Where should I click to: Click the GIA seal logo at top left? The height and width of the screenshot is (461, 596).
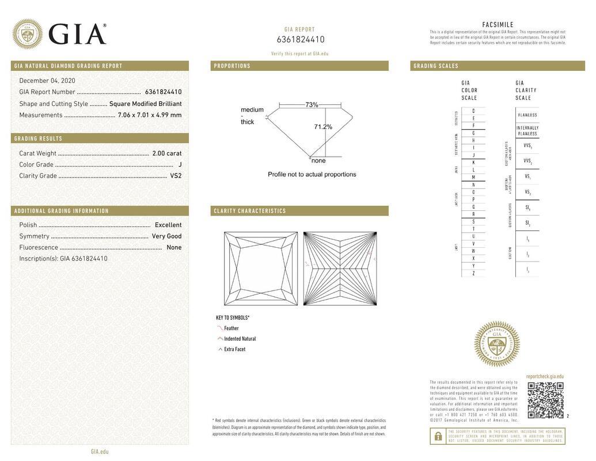(x=27, y=34)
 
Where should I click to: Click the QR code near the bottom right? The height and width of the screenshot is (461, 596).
(x=545, y=400)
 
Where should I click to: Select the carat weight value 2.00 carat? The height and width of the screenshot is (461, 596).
(x=166, y=153)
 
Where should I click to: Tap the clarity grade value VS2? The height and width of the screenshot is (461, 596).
(x=176, y=176)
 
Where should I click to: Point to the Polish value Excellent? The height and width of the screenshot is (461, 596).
(x=168, y=225)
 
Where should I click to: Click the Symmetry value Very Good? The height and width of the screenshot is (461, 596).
(x=166, y=236)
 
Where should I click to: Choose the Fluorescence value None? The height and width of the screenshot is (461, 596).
(x=173, y=247)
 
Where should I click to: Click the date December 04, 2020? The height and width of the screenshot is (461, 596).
(x=47, y=81)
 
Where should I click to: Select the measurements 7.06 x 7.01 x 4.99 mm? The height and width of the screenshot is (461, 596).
(x=149, y=115)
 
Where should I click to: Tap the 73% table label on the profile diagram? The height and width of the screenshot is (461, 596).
(x=312, y=105)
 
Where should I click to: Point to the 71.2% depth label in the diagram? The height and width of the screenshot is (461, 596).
(x=322, y=127)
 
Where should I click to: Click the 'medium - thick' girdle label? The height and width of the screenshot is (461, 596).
(x=252, y=115)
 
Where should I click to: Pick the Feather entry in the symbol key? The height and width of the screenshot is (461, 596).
(x=231, y=328)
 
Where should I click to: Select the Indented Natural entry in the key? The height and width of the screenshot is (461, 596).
(x=240, y=339)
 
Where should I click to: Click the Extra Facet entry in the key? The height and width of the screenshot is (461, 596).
(x=234, y=349)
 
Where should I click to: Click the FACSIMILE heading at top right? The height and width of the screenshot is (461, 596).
(x=498, y=25)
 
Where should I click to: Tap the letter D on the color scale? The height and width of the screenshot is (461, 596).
(x=473, y=111)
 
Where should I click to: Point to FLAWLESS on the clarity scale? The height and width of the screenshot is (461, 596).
(x=527, y=115)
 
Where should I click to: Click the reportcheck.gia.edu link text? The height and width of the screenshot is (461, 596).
(x=545, y=376)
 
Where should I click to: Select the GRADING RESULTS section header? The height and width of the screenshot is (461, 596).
(x=38, y=138)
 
